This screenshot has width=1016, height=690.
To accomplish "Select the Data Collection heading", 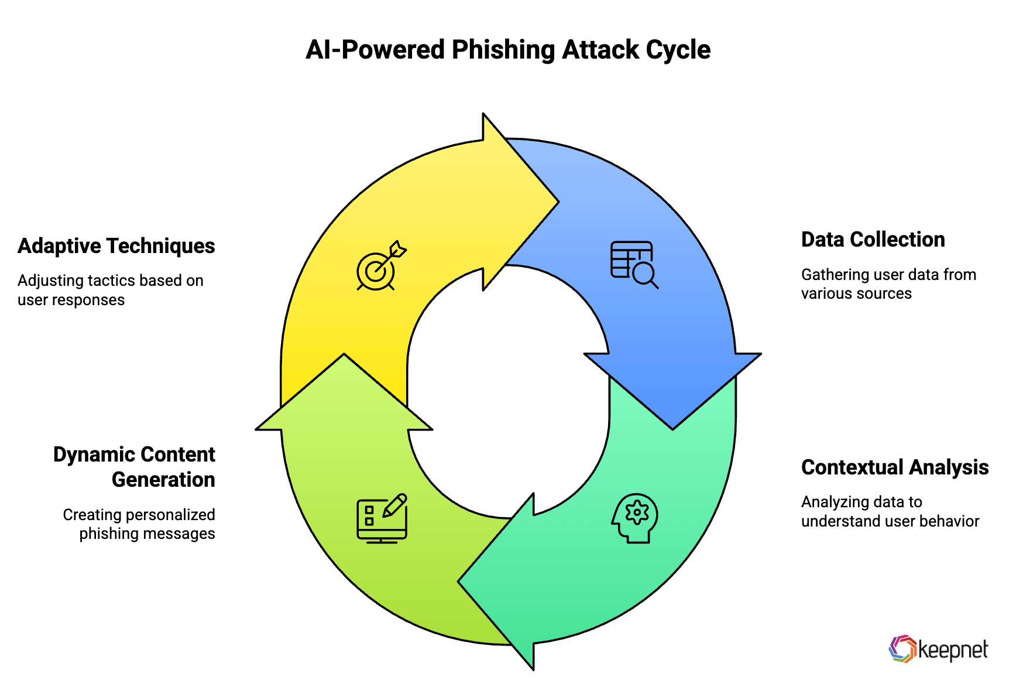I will click(x=873, y=240).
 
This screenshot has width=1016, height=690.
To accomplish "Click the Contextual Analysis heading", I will click(x=894, y=467).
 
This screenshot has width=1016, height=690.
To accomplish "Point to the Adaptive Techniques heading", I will click(x=116, y=246).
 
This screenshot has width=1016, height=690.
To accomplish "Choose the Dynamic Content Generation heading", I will click(x=134, y=467).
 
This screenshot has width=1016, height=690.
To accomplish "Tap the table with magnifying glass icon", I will click(x=634, y=264).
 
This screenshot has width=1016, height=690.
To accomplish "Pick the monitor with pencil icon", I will click(x=382, y=518).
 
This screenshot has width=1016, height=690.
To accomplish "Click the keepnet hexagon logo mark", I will click(x=902, y=649).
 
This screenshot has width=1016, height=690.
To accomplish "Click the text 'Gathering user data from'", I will click(x=888, y=275).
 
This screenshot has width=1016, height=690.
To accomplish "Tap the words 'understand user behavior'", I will click(x=890, y=521).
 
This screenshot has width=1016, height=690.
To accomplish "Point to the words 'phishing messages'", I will click(x=147, y=534).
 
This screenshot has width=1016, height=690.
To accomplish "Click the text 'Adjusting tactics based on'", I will click(x=111, y=281).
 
